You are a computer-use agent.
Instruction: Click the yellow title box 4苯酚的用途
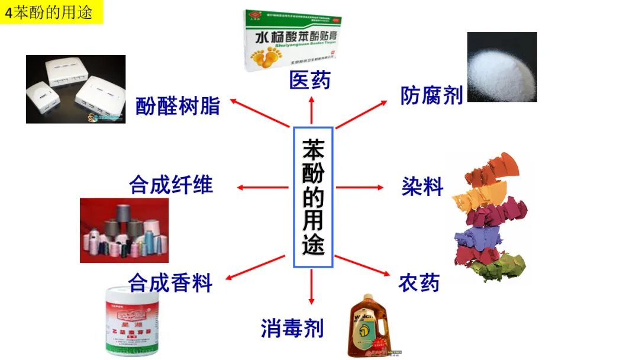click(51, 12)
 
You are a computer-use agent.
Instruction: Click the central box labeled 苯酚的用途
click(313, 197)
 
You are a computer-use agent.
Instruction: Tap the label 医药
click(309, 80)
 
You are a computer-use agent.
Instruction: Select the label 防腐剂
click(431, 95)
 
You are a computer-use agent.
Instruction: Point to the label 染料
click(422, 187)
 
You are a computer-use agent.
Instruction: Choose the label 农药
click(418, 283)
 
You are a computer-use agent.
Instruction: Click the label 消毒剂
click(292, 327)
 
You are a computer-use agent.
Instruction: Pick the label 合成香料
click(170, 283)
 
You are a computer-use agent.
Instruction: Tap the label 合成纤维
click(170, 185)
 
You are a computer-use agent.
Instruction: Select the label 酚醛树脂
click(177, 106)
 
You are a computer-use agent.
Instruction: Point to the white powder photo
click(502, 67)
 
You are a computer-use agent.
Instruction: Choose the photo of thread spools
click(124, 230)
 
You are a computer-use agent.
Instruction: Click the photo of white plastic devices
click(76, 89)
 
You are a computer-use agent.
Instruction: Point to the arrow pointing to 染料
click(360, 188)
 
